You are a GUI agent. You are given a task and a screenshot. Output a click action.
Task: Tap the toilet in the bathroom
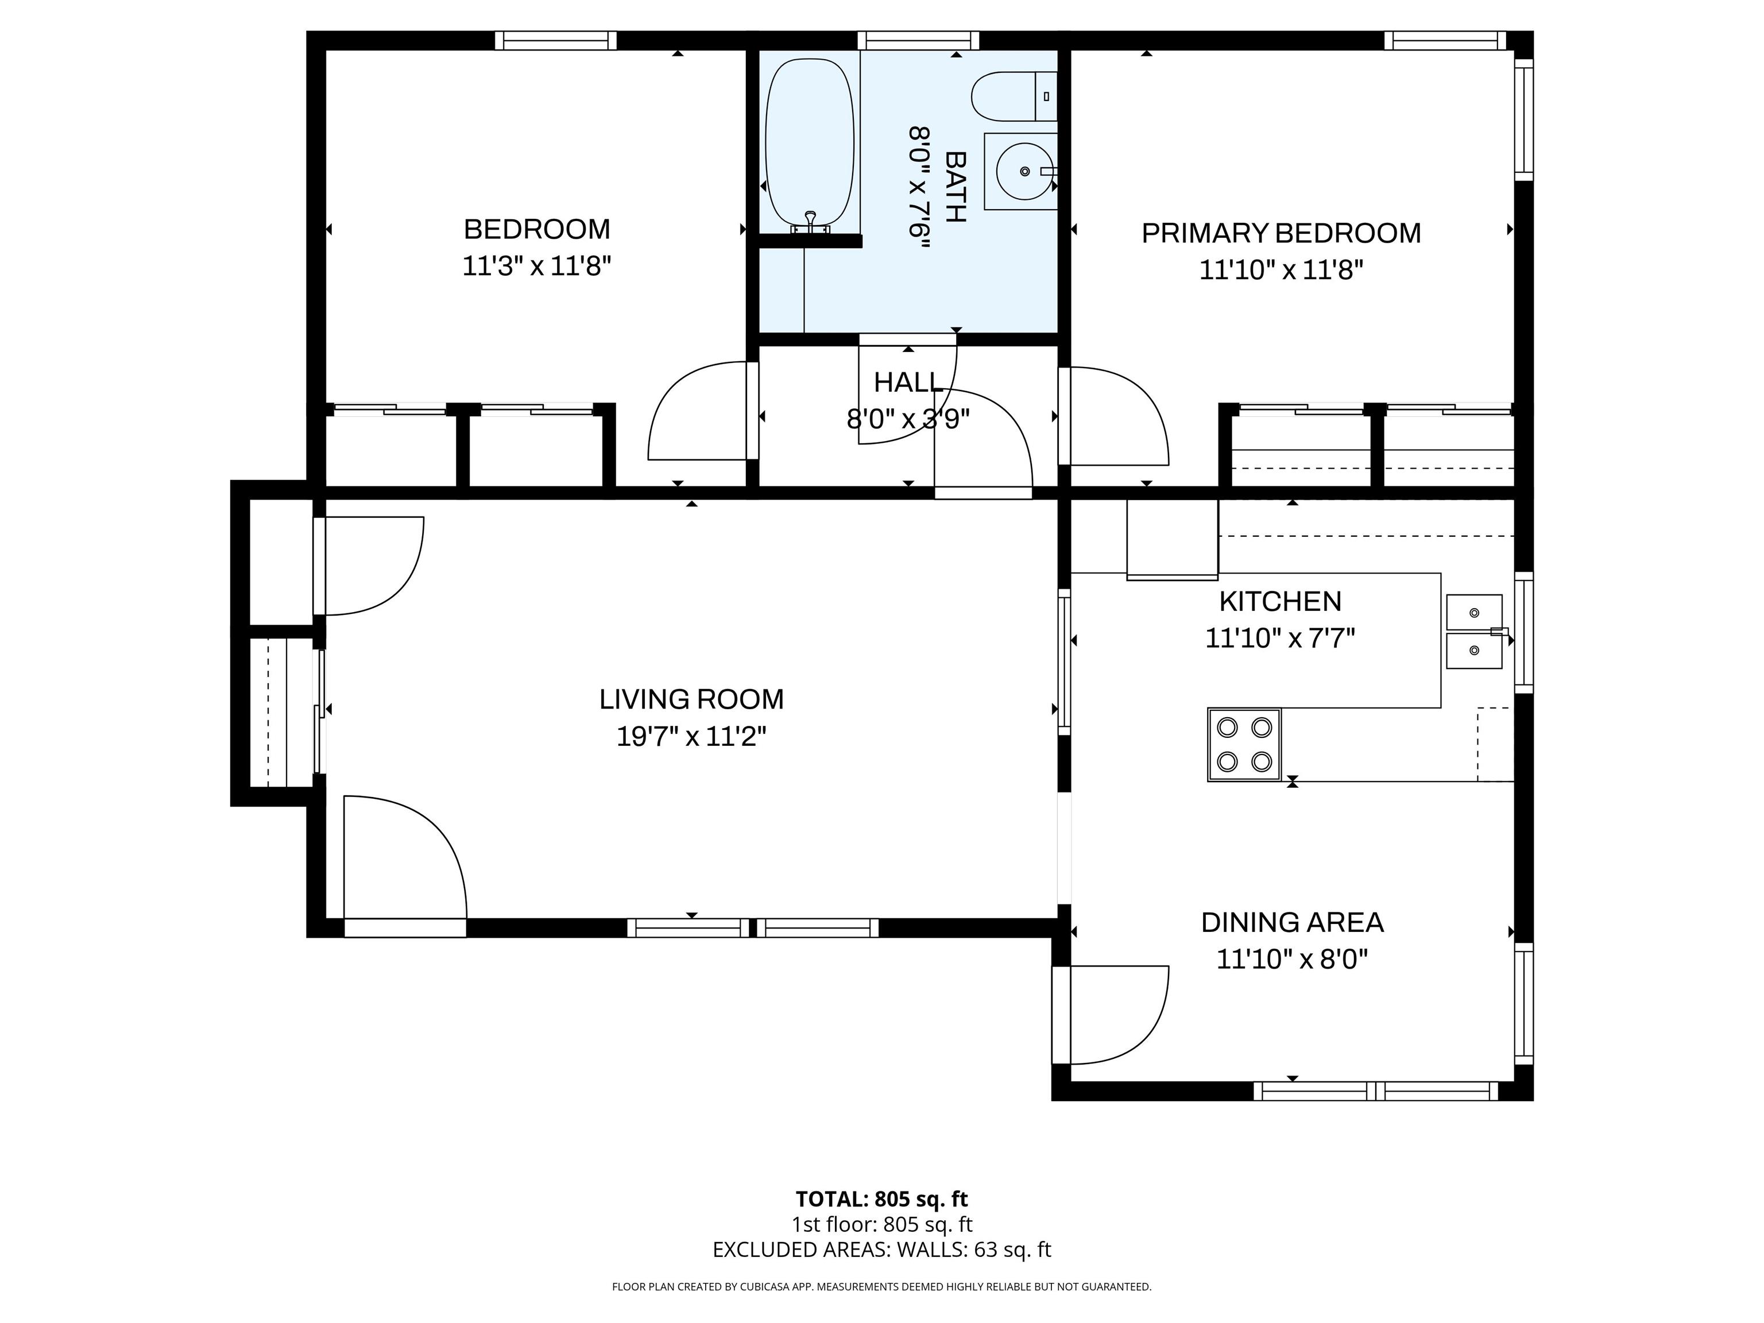(1013, 96)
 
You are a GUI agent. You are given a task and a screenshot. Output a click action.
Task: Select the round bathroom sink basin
(1025, 172)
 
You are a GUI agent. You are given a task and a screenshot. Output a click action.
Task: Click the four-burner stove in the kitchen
(1244, 744)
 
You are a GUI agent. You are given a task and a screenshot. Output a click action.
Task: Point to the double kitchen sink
(1475, 631)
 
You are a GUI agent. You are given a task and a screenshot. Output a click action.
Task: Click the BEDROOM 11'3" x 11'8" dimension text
(537, 265)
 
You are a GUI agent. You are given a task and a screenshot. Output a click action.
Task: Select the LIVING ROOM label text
(691, 699)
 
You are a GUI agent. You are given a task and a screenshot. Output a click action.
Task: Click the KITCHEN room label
(1281, 601)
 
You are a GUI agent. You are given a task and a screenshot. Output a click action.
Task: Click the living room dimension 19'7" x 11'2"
(691, 736)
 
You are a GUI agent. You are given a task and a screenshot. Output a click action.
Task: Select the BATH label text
(955, 187)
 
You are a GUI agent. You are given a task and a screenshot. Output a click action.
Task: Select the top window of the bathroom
(918, 40)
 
